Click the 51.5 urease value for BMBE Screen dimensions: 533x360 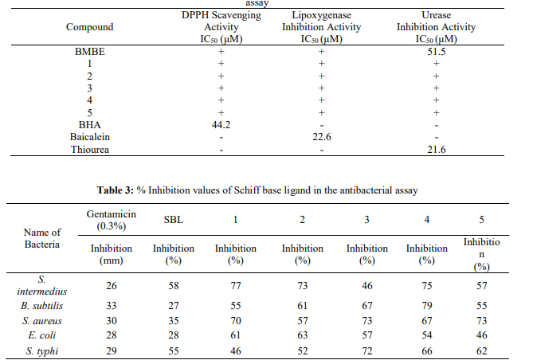[x=436, y=52]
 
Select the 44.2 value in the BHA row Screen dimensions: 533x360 [x=221, y=125]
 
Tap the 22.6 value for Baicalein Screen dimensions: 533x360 [x=322, y=137]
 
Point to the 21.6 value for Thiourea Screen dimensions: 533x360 [x=436, y=150]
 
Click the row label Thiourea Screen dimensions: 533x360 [x=90, y=150]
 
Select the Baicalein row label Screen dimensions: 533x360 [x=90, y=137]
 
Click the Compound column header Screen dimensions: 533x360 [x=90, y=27]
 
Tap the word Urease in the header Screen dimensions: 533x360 [x=436, y=15]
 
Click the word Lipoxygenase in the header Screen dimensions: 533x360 [x=322, y=15]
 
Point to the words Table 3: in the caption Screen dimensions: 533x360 [x=116, y=190]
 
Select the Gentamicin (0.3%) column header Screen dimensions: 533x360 [x=112, y=220]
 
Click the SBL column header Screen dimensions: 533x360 [x=174, y=220]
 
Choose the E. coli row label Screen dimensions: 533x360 [x=41, y=335]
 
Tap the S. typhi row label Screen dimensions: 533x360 [x=41, y=350]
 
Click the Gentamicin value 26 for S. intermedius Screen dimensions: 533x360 [x=112, y=286]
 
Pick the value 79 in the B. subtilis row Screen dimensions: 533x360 [x=426, y=305]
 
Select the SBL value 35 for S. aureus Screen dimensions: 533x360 [x=174, y=320]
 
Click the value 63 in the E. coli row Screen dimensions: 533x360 [x=302, y=335]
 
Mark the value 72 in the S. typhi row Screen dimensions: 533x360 [x=366, y=350]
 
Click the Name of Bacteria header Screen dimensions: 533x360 [x=42, y=238]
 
